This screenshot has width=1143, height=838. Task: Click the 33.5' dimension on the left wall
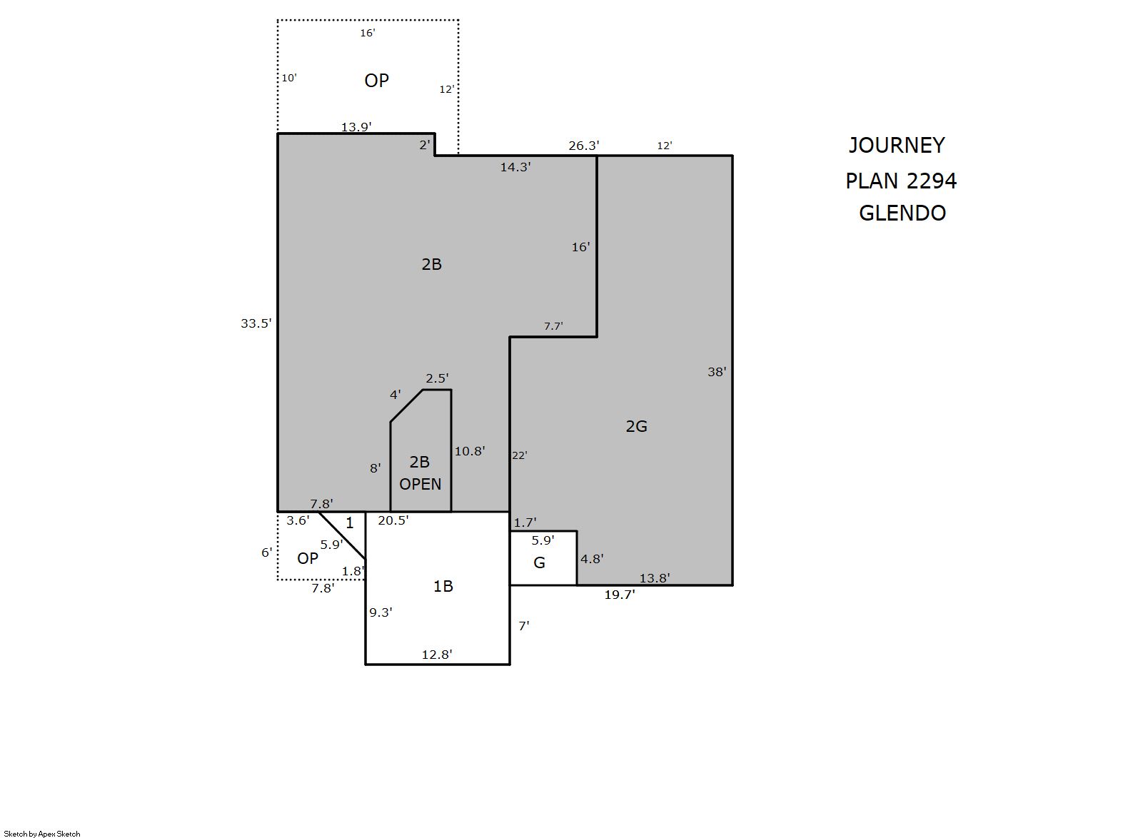256,323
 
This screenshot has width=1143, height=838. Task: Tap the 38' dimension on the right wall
716,372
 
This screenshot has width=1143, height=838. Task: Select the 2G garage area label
636,426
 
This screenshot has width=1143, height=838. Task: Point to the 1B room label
443,587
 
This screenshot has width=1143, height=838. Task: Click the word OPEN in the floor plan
420,484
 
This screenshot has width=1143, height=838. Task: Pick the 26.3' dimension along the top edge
584,146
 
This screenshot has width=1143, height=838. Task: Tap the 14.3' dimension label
515,167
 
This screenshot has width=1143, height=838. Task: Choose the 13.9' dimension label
356,127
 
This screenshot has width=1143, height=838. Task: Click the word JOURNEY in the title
897,146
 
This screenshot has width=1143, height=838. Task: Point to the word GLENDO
902,213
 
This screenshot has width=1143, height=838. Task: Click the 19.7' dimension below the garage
620,595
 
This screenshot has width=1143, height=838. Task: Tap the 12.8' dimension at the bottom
437,655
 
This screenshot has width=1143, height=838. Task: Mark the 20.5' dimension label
393,520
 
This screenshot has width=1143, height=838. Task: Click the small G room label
539,562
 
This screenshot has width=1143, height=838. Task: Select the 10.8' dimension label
470,451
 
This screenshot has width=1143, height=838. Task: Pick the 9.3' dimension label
381,612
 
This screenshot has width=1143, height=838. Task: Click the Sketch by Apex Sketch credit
42,834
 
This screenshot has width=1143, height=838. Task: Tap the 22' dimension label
520,455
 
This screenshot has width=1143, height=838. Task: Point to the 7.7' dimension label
553,326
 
